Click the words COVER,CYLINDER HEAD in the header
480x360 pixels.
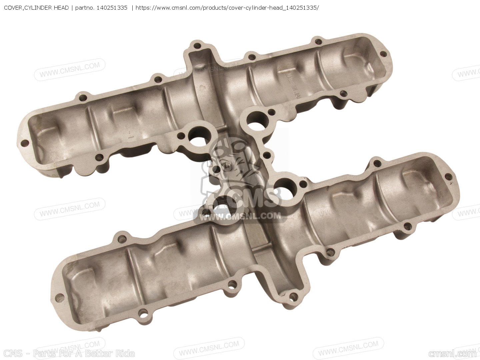36,8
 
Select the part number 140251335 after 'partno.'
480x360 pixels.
112,8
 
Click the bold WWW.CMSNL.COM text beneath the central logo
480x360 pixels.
240,216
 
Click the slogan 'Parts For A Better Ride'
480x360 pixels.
84,354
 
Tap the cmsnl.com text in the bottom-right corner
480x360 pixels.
452,354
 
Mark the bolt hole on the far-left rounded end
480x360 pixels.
24,144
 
